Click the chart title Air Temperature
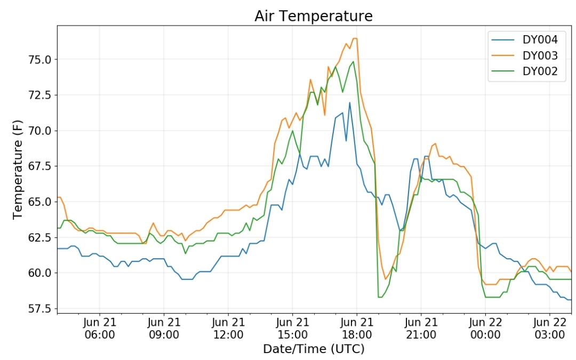point(314,16)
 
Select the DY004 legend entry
point(526,39)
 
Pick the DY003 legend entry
point(526,55)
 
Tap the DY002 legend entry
point(526,71)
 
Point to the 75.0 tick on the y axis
point(39,60)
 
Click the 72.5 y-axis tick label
point(39,95)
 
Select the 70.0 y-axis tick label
point(39,131)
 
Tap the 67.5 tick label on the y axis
point(39,166)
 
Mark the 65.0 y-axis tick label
point(39,202)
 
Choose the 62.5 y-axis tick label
point(39,238)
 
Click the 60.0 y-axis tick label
point(39,273)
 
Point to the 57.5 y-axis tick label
point(39,309)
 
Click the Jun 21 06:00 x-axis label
point(100,329)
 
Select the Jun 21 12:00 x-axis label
point(228,329)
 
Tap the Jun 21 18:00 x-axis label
point(357,329)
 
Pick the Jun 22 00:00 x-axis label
point(485,329)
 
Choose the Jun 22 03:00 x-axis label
point(549,329)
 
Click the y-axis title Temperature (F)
point(18,170)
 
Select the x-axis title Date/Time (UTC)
point(314,349)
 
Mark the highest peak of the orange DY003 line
point(355,38)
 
